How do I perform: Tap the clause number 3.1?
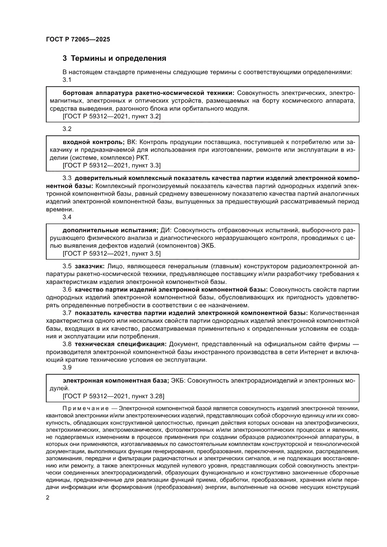click(x=66, y=80)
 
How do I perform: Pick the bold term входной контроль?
click(x=93, y=142)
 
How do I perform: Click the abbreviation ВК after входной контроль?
click(x=132, y=142)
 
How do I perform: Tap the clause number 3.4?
click(x=66, y=217)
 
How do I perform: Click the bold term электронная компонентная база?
click(x=112, y=381)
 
